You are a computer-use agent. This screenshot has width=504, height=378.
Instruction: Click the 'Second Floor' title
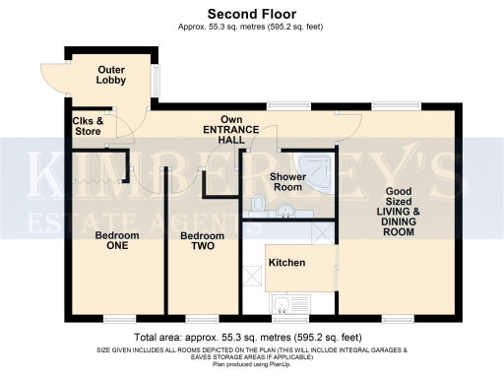coord(252,13)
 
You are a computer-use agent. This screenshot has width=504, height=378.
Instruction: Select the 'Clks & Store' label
coord(90,125)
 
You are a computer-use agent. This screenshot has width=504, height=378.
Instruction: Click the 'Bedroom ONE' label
coord(116,242)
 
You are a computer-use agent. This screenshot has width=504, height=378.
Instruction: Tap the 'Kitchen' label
coord(287,263)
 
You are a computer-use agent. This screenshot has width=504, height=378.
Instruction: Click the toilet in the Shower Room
coord(258,203)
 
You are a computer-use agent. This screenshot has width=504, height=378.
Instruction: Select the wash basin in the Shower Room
coord(287,207)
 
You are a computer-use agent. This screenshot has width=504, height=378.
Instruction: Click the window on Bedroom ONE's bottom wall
coord(120,318)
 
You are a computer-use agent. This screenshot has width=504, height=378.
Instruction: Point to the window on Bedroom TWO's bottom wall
coord(203,318)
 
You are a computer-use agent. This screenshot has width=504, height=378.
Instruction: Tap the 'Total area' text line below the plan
coord(252,337)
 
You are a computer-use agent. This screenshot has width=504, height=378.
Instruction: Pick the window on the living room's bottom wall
coord(398,318)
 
